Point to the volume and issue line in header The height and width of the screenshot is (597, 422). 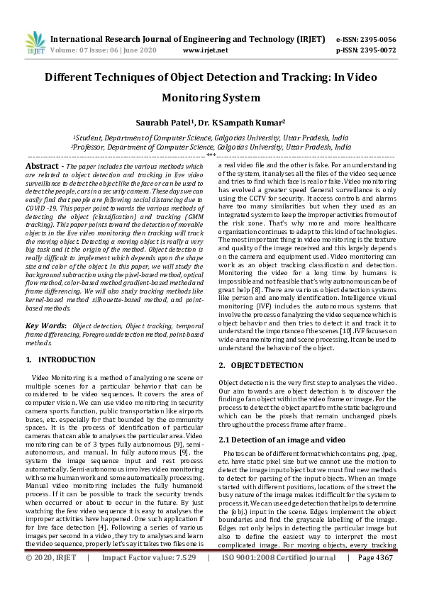coord(100,51)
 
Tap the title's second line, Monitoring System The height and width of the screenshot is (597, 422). coord(211,98)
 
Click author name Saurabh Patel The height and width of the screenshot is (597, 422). coord(168,122)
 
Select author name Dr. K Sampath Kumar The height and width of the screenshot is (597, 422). coord(233,122)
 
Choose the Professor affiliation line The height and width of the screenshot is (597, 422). coord(211,147)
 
